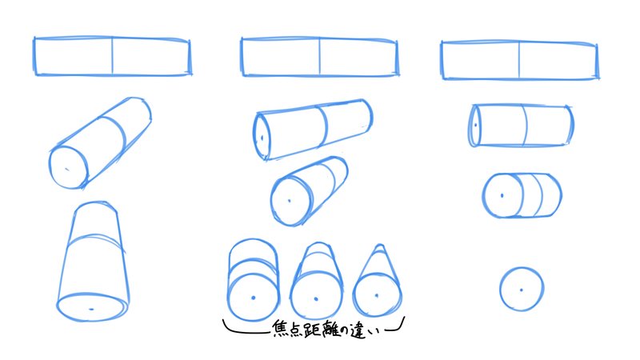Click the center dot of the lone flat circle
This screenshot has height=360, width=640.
522,290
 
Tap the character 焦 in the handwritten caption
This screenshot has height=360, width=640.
280,328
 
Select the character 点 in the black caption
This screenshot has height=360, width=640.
295,329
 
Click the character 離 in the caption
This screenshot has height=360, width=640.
330,329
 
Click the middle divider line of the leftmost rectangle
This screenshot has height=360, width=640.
112,56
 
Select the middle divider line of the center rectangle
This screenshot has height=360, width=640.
319,56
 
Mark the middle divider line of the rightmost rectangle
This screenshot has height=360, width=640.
519,60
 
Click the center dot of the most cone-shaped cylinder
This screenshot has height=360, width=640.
377,295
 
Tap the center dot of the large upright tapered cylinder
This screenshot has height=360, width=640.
91,309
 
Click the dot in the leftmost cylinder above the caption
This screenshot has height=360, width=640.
254,298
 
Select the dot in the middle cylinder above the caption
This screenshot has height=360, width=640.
316,298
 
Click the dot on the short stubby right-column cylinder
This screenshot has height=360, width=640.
502,195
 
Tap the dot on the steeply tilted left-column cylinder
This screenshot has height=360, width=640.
67,170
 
